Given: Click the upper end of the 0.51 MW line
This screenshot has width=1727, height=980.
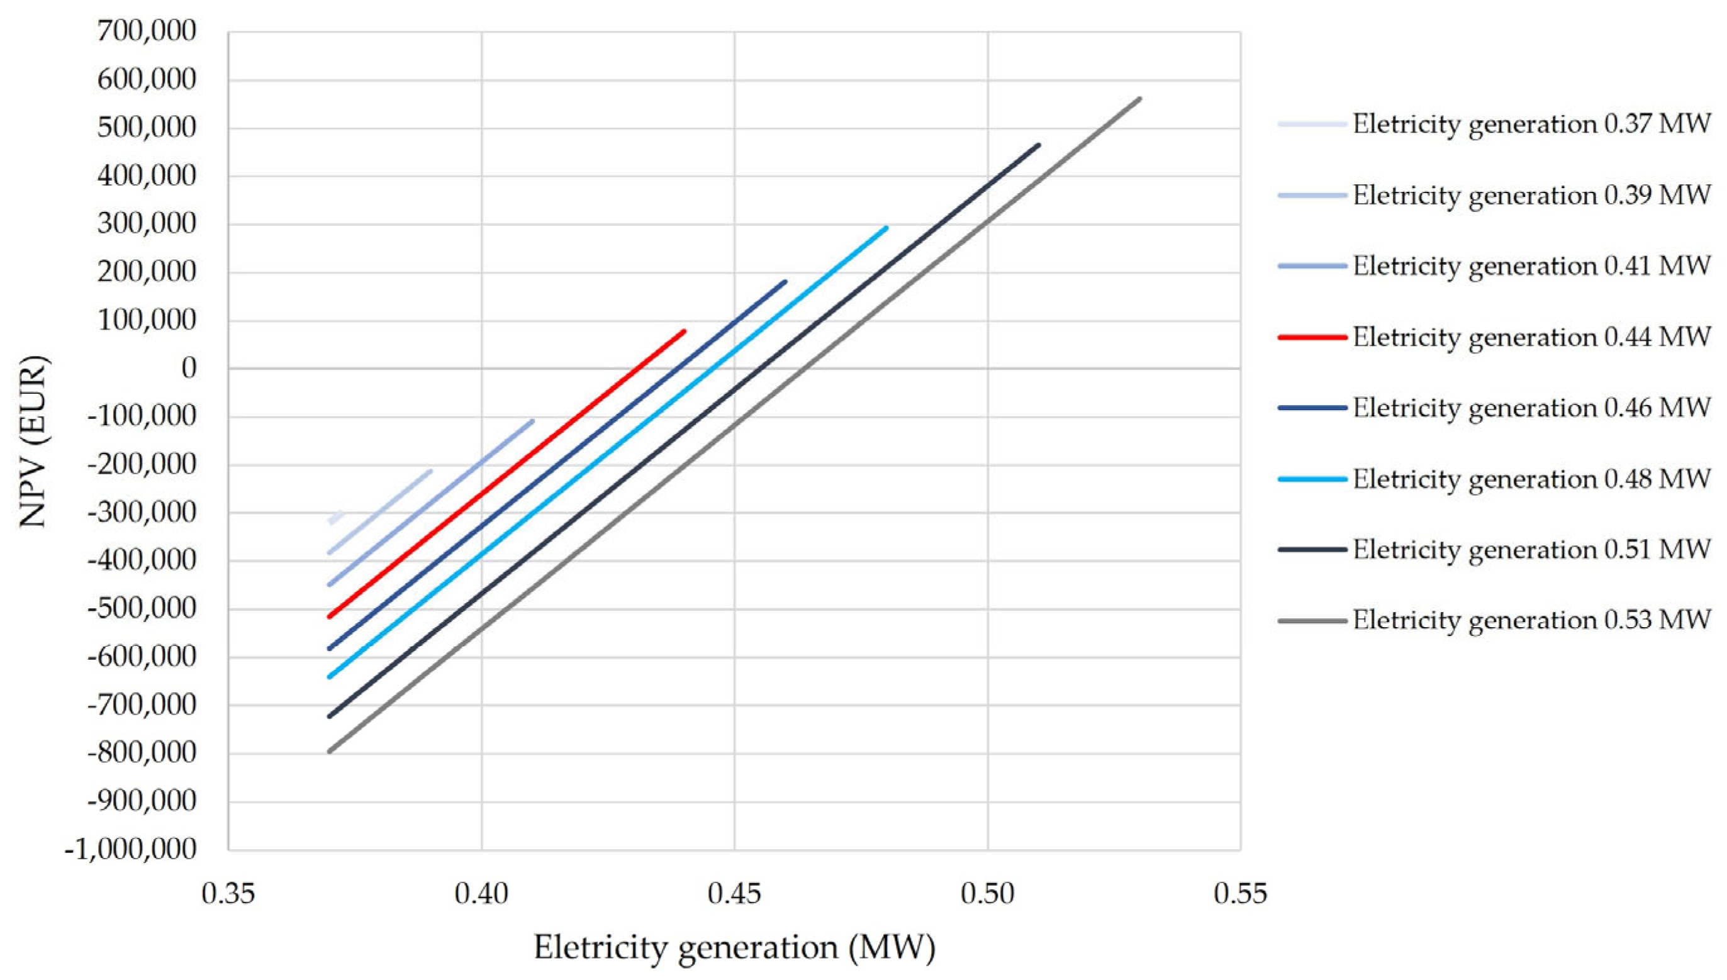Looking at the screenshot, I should (x=1039, y=145).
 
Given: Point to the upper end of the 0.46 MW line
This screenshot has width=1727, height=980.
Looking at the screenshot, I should (x=785, y=282).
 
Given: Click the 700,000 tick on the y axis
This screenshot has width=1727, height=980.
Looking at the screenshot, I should (x=147, y=31).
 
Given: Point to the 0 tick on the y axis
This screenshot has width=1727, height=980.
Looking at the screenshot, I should (x=189, y=369).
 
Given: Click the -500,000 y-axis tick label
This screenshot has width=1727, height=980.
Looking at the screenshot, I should (x=142, y=609).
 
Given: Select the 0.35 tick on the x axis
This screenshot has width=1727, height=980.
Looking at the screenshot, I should (x=229, y=894).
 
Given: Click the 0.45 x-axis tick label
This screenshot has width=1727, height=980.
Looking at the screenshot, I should (x=734, y=894).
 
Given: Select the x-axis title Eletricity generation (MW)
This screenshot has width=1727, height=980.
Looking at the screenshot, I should (x=734, y=948).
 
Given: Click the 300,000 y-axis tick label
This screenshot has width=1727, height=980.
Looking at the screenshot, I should (x=147, y=224).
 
